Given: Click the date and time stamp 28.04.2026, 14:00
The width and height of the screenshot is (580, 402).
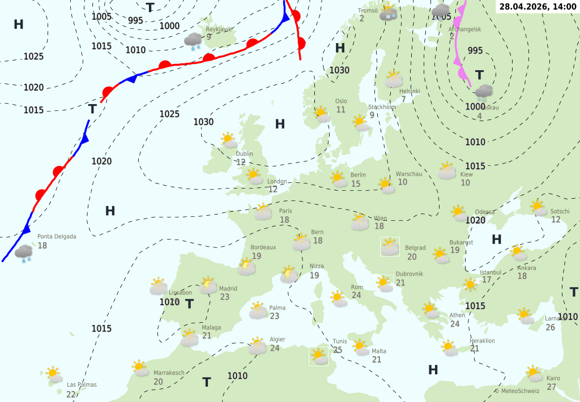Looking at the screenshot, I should [x=538, y=7].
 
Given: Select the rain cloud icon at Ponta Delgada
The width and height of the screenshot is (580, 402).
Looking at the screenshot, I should [x=24, y=253].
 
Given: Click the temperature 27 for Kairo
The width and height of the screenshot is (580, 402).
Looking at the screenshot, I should [x=551, y=387].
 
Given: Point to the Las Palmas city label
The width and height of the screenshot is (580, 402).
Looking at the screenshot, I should [x=82, y=384].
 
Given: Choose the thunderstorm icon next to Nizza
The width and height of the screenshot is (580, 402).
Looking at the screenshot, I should [x=289, y=274].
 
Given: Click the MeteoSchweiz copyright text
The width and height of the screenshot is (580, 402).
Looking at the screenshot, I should [x=517, y=391].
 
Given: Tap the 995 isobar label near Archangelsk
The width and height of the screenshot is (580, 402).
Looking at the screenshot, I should [x=475, y=51].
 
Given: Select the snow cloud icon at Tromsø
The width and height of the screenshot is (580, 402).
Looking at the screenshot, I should [x=389, y=12].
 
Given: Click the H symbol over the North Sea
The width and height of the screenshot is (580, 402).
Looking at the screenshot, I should [x=280, y=124].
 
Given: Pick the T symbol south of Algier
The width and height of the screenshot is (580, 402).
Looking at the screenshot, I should [x=207, y=382].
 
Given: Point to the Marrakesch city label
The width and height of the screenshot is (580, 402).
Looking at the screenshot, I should [x=169, y=373].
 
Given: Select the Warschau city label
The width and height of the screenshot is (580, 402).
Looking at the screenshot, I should [x=409, y=174].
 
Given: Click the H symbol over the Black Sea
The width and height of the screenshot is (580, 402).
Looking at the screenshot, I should [x=497, y=239].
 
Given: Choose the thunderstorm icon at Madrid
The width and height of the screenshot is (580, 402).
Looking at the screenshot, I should [x=208, y=284].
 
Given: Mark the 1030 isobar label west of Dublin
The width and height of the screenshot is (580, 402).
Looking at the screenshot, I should [x=203, y=122].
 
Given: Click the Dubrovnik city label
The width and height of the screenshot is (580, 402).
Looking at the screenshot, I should [x=410, y=273].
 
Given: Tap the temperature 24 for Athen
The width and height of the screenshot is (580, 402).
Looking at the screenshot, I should [x=455, y=324].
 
